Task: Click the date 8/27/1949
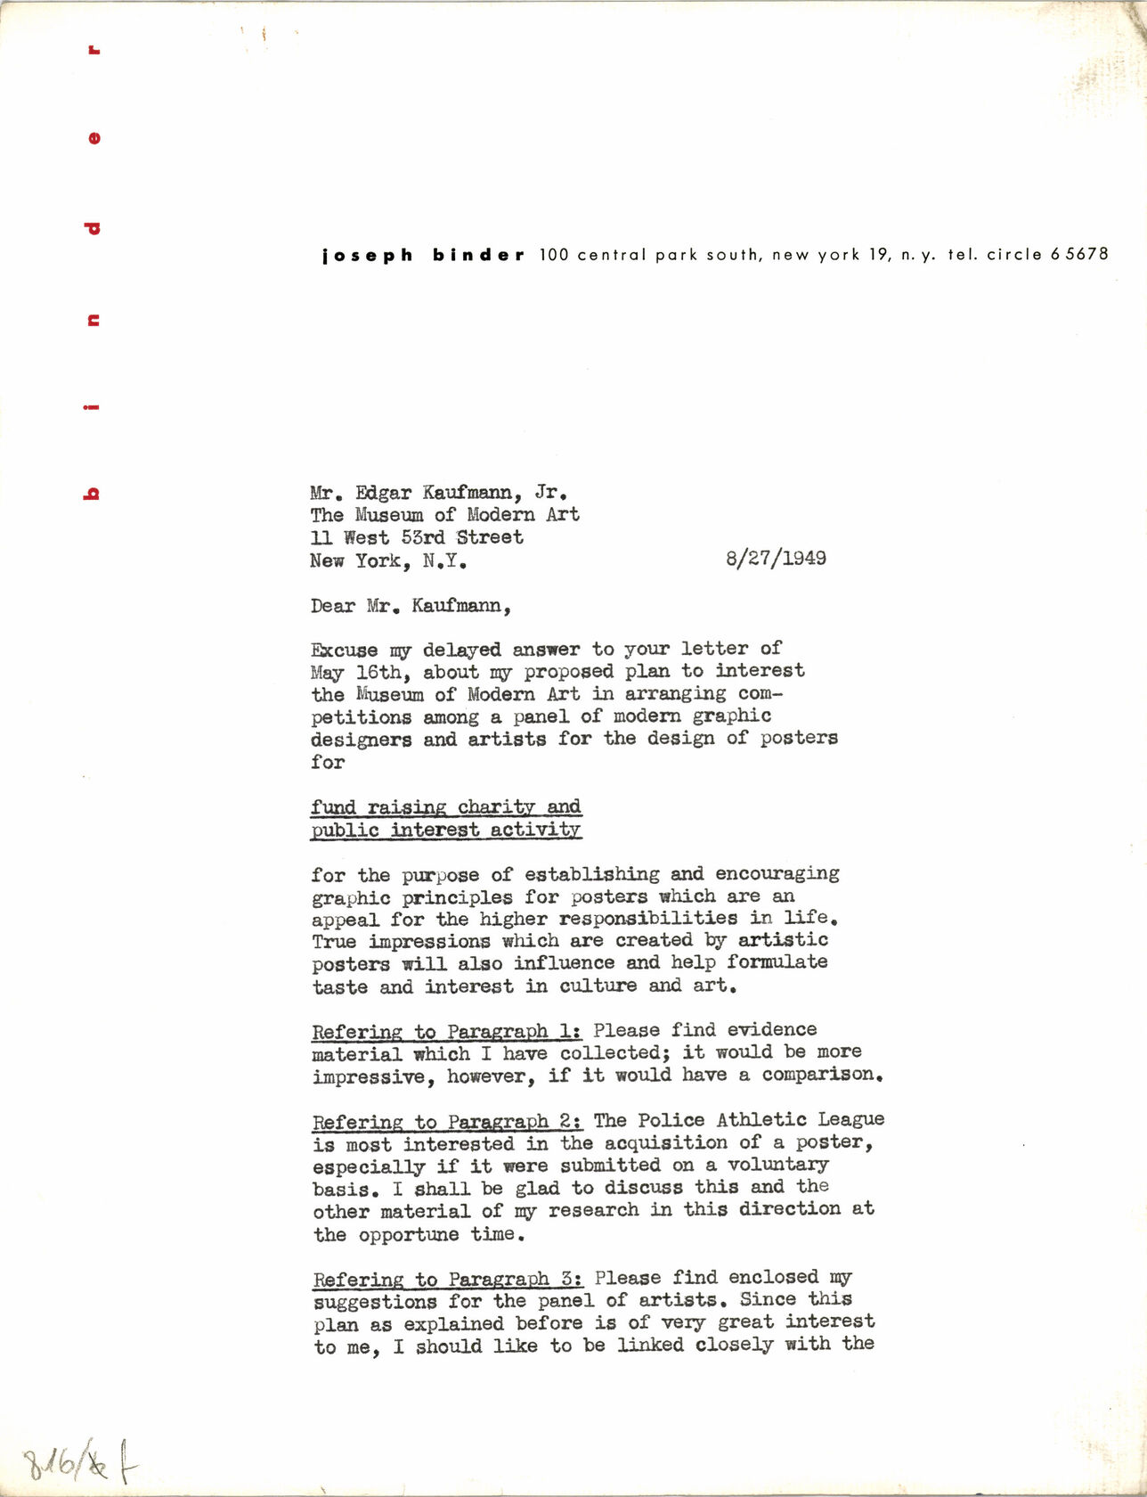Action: click(776, 559)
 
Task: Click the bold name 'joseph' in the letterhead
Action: click(368, 256)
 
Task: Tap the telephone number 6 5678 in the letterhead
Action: click(1079, 254)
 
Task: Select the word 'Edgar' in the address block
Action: click(383, 493)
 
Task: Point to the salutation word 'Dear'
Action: click(332, 606)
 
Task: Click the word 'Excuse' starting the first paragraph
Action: click(344, 650)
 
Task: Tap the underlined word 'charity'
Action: click(495, 807)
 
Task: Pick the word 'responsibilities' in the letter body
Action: click(648, 919)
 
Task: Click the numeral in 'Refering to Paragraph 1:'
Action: click(566, 1031)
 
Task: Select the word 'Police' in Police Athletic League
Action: click(671, 1120)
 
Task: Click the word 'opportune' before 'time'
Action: click(409, 1235)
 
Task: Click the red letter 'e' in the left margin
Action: click(94, 138)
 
